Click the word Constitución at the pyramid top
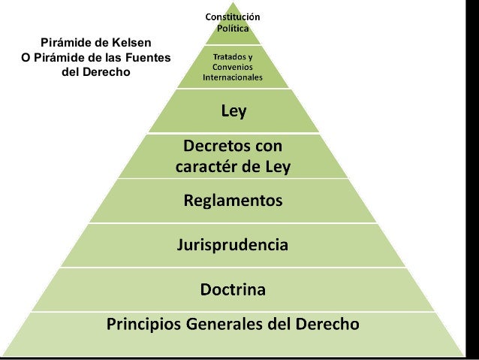pyautogui.click(x=233, y=16)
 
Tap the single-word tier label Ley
pyautogui.click(x=233, y=112)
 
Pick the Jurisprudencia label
pyautogui.click(x=233, y=245)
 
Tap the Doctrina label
pyautogui.click(x=233, y=289)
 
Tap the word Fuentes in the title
pyautogui.click(x=146, y=58)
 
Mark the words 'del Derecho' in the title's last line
pyautogui.click(x=95, y=73)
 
